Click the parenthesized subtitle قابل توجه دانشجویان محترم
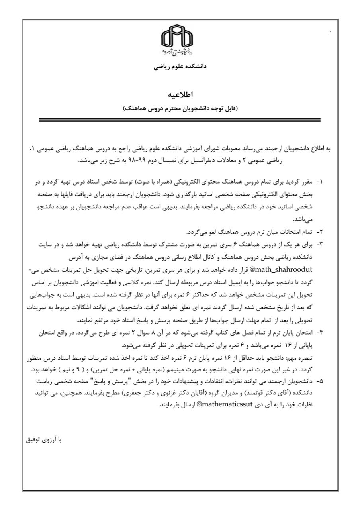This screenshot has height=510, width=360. [180, 108]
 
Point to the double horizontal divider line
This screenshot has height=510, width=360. [180, 120]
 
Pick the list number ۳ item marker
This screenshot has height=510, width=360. [319, 245]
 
